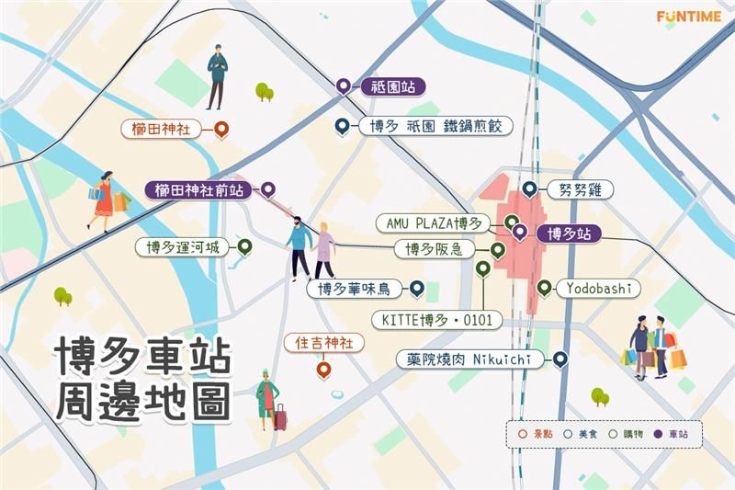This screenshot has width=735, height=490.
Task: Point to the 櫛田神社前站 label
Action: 199,190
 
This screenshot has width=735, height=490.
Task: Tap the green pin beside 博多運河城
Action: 244,246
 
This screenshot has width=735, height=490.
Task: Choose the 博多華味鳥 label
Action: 354,290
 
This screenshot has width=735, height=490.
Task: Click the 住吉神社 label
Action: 322,343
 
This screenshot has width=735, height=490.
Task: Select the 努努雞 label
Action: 579,189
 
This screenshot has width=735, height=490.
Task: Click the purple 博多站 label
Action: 568,234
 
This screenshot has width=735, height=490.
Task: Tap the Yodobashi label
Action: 597,289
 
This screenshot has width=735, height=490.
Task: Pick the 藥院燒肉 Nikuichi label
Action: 469,359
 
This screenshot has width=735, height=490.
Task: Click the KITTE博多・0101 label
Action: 437,320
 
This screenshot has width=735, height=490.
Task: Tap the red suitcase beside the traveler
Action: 280,420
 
